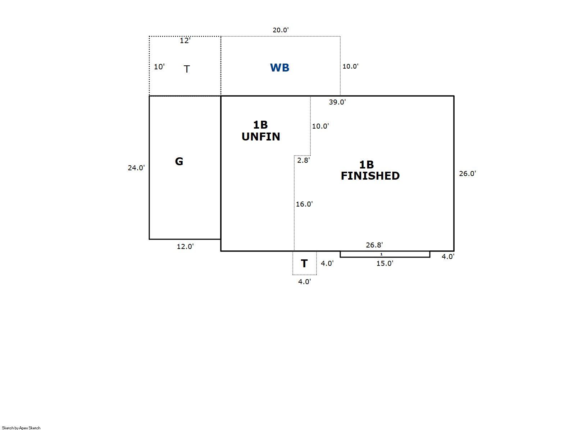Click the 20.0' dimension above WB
281,30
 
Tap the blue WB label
279,68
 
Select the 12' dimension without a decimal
185,41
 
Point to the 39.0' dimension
337,102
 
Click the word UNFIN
261,137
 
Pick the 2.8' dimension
304,160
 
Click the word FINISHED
370,176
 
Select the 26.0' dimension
467,174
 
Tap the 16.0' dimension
304,204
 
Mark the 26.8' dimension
374,245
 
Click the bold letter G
179,161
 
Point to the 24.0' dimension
136,168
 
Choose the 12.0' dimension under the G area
185,246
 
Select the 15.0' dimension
385,263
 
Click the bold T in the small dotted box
304,264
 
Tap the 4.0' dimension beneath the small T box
304,282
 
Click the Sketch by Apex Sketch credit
21,428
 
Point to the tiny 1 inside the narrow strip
381,254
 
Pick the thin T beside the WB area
187,69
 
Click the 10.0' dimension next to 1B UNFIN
320,126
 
